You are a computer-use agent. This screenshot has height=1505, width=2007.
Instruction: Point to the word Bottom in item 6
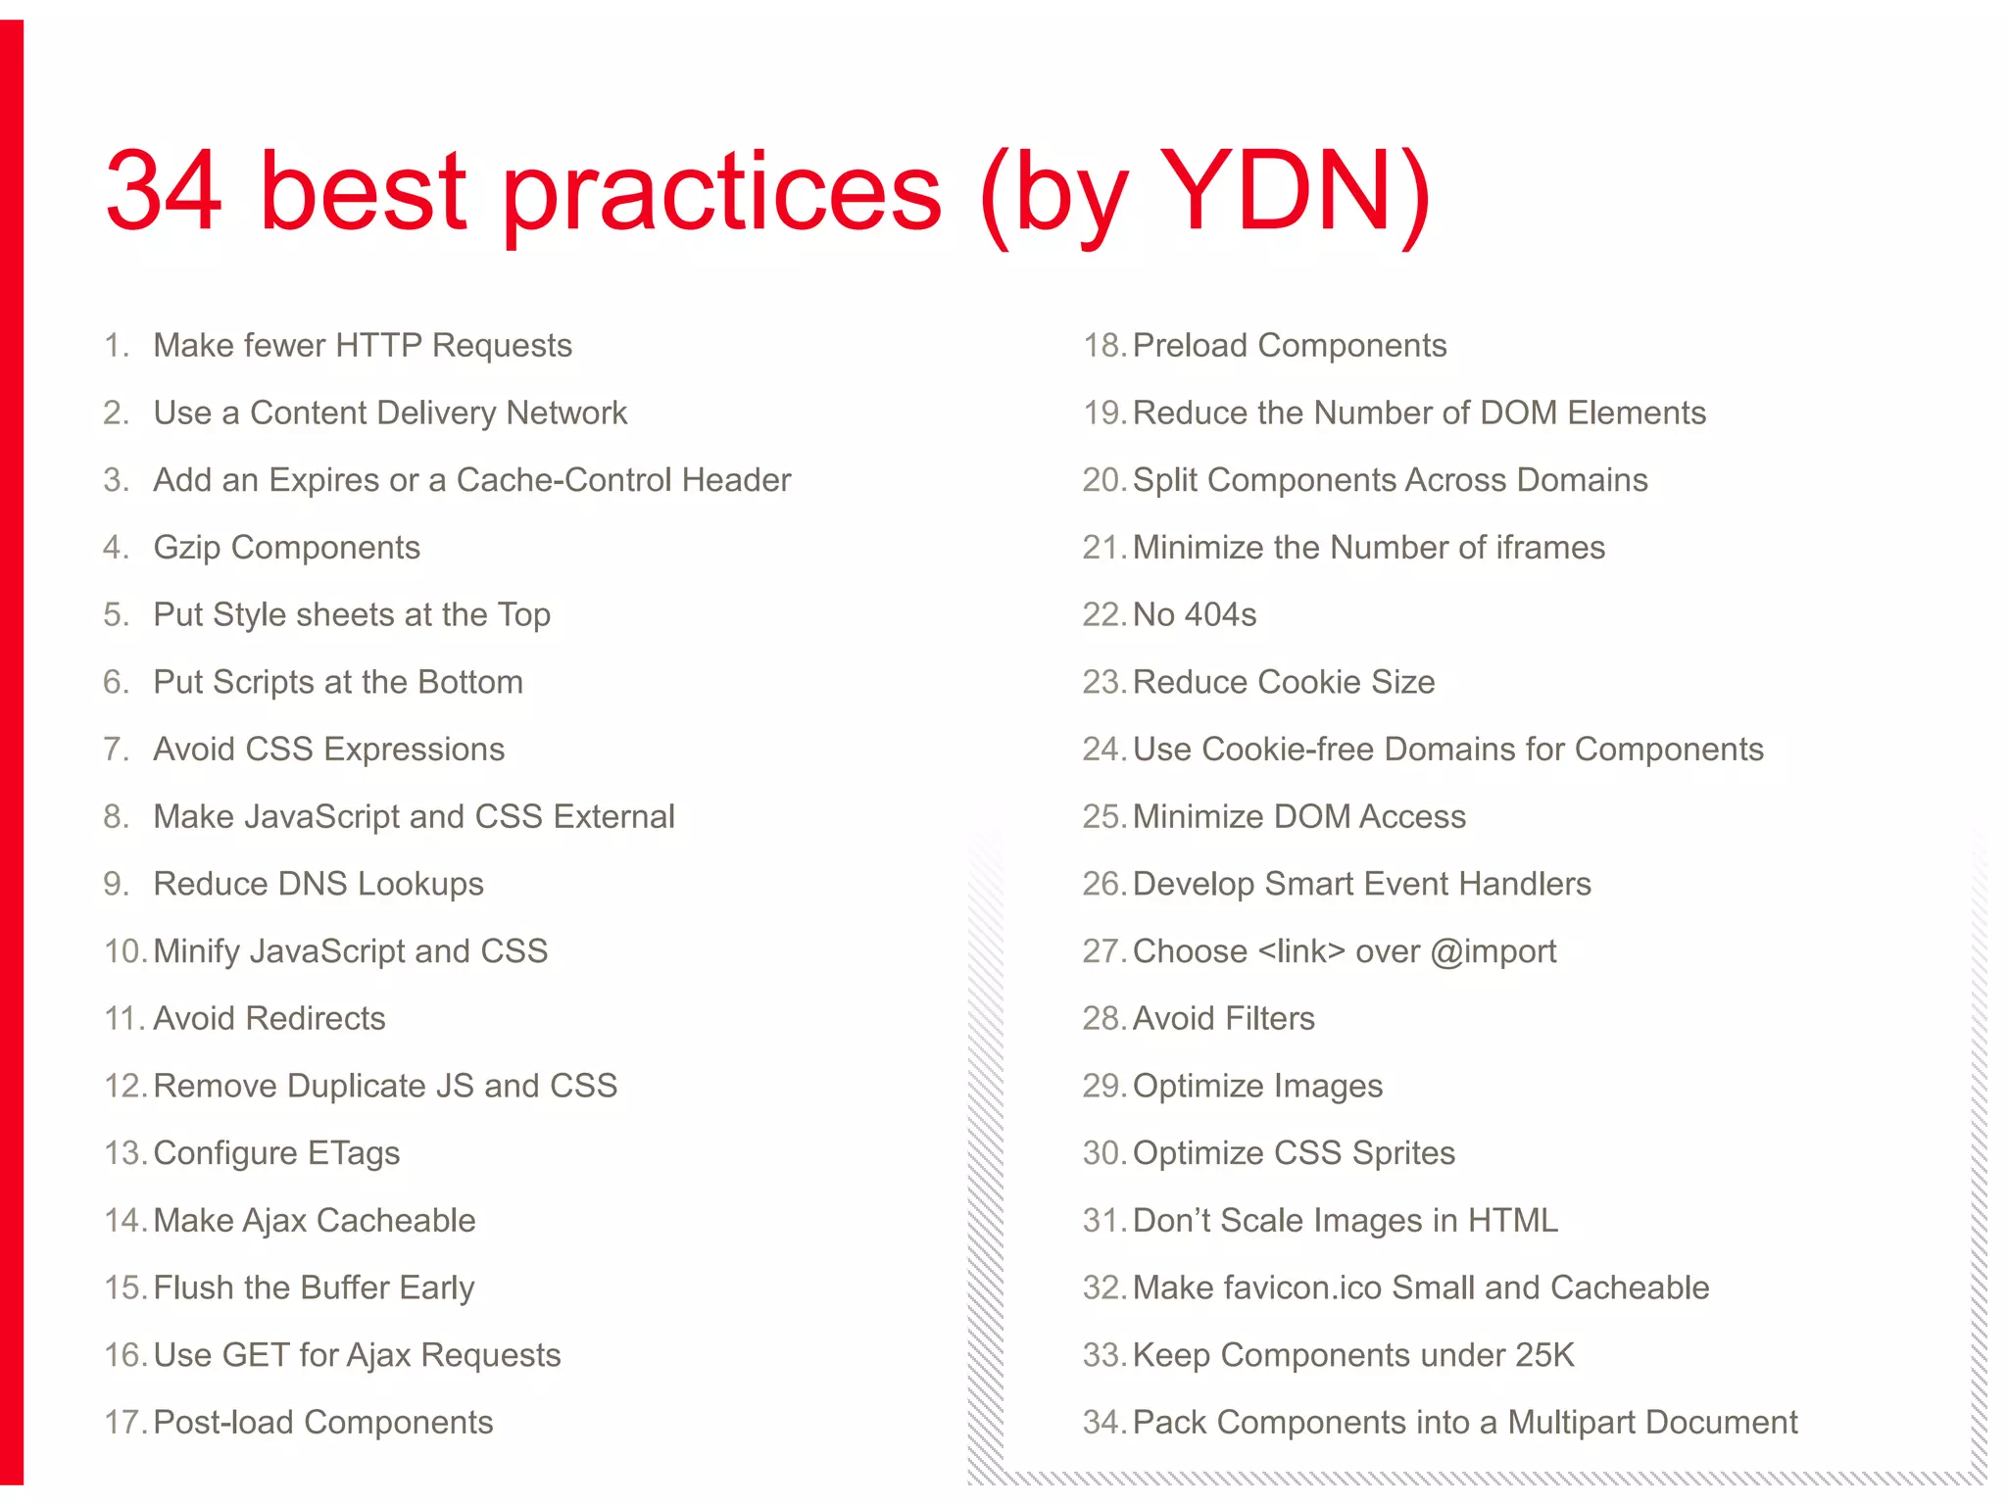[470, 682]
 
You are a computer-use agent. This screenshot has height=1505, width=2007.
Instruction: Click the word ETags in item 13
[353, 1153]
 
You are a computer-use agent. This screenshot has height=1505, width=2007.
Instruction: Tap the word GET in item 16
[256, 1355]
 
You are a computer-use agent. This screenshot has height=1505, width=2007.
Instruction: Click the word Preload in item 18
[1190, 346]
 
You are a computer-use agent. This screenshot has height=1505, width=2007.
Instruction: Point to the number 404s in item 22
[1220, 615]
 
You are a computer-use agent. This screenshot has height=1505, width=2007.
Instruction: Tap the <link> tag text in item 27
[1301, 951]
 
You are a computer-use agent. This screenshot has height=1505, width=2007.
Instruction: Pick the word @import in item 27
[1493, 951]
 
